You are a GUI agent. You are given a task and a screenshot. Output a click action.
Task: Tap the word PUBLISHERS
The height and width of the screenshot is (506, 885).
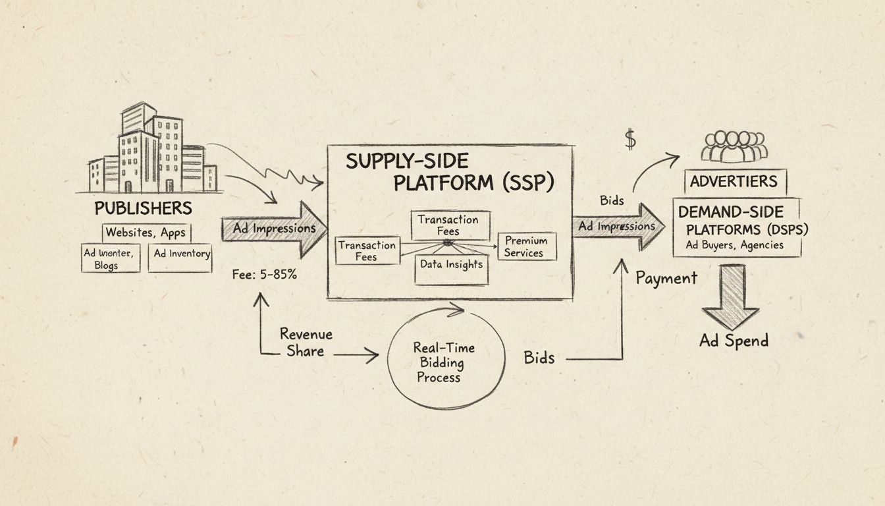(x=143, y=208)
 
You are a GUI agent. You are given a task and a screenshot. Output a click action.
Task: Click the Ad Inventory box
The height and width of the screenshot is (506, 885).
(x=182, y=254)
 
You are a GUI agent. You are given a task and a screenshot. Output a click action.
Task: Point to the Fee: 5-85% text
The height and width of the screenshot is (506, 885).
(x=264, y=275)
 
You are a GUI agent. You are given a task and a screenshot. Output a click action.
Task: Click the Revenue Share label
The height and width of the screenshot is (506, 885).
(x=306, y=342)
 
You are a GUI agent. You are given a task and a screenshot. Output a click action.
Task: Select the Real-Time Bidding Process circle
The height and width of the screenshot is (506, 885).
(x=443, y=362)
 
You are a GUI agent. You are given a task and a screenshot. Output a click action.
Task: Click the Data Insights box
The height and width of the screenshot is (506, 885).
(x=452, y=265)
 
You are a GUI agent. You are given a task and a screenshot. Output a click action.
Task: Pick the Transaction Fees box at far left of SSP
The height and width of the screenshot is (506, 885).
(x=367, y=250)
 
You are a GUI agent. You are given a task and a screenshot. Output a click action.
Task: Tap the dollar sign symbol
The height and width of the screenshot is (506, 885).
(x=630, y=139)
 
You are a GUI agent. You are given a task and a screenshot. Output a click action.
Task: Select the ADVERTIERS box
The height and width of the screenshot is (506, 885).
(x=734, y=181)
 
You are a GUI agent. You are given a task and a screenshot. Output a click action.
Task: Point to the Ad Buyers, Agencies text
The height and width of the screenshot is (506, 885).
(x=735, y=244)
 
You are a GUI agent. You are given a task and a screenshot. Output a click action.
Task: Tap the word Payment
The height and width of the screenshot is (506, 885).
(x=666, y=278)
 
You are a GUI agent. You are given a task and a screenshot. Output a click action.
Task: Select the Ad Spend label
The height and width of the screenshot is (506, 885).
(x=734, y=341)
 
